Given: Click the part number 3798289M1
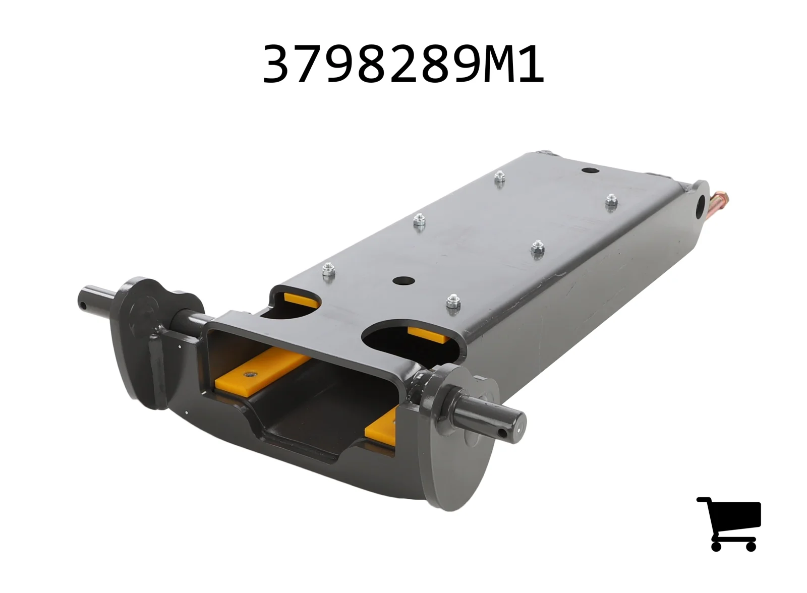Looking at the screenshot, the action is (x=403, y=64).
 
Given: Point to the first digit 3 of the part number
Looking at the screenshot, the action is (x=278, y=64).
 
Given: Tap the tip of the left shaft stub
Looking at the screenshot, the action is (x=82, y=300).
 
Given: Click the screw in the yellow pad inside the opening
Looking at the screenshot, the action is (x=249, y=375).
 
